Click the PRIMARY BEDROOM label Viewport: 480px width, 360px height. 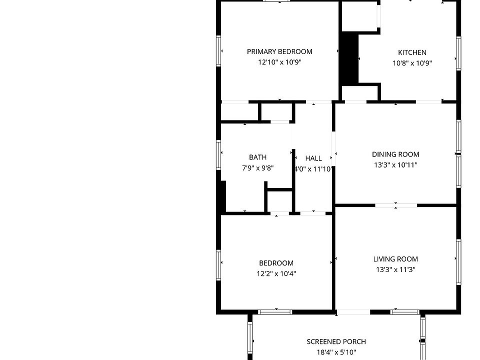click(279, 51)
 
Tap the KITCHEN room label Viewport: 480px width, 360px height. click(412, 52)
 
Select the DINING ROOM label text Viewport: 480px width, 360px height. click(395, 154)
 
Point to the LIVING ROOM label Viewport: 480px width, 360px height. click(395, 259)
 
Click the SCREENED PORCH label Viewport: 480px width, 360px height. click(336, 342)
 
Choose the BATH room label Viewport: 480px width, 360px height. click(257, 157)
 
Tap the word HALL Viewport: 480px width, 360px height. click(313, 158)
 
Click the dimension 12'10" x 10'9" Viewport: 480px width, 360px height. click(279, 62)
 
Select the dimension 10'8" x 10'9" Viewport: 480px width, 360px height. click(412, 63)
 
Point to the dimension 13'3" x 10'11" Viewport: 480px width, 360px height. click(395, 165)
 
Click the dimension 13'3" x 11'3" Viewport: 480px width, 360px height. click(395, 269)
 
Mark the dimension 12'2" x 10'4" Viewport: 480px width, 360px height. click(276, 274)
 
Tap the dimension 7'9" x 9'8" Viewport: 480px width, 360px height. click(257, 168)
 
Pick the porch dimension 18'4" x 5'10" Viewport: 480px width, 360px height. click(336, 352)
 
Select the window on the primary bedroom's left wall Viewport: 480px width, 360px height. click(218, 50)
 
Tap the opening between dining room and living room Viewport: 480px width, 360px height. click(396, 205)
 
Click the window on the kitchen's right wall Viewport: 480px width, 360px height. click(458, 54)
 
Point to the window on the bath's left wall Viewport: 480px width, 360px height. click(218, 154)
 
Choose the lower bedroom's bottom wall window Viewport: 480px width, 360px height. click(275, 312)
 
